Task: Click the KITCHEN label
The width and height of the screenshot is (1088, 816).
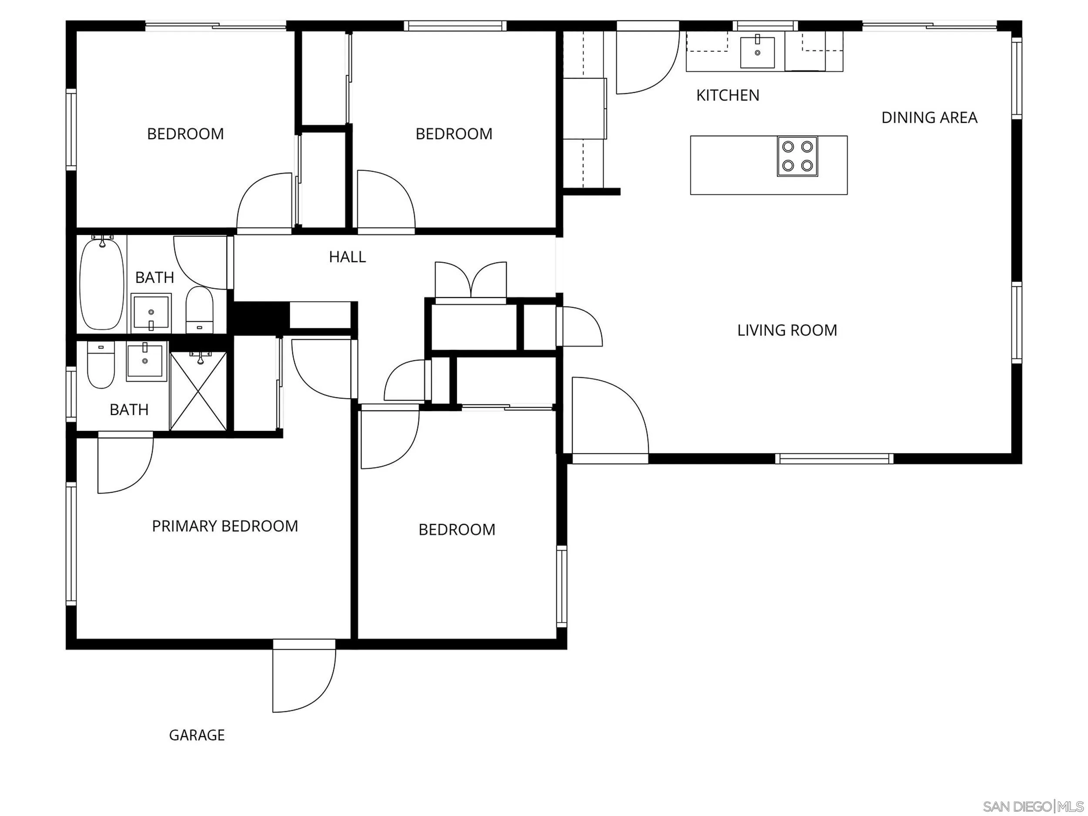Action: click(728, 95)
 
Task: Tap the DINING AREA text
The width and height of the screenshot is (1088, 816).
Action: click(929, 118)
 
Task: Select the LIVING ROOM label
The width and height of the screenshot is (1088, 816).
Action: click(786, 330)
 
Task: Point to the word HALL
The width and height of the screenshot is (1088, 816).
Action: click(347, 257)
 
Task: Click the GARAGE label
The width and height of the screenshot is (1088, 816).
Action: click(197, 735)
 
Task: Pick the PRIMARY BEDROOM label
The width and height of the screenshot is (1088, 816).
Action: click(225, 526)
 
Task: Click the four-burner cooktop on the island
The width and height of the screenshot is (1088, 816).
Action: click(797, 156)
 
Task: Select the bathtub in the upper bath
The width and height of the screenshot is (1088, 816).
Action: click(102, 284)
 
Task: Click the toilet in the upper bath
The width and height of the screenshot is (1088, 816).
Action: click(199, 310)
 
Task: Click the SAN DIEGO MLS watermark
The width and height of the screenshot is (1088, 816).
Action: click(1032, 806)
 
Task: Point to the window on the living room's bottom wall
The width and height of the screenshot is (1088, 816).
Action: click(834, 458)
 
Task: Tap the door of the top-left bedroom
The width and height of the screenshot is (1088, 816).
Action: click(265, 203)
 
